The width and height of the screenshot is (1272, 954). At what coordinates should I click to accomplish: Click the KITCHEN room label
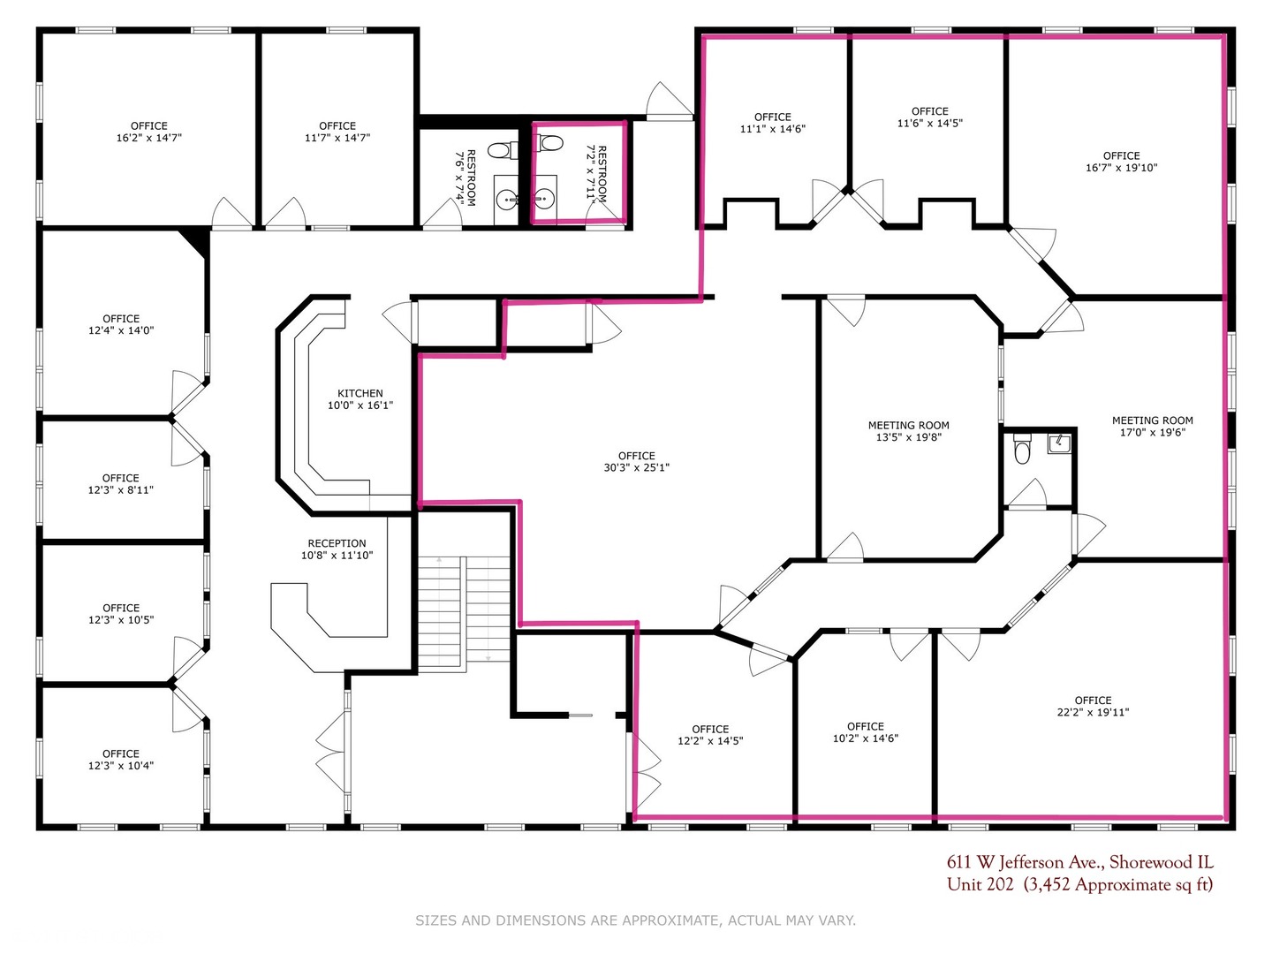[x=360, y=393]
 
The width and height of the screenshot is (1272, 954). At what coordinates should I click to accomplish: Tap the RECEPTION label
[x=337, y=543]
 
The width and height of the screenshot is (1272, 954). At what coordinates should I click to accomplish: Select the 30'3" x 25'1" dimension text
[x=636, y=467]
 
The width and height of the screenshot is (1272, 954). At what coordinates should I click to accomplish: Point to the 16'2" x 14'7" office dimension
[x=149, y=138]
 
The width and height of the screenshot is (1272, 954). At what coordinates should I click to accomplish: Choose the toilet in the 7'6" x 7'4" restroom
[x=499, y=150]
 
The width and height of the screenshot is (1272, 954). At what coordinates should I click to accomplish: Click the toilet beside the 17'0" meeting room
[x=1022, y=452]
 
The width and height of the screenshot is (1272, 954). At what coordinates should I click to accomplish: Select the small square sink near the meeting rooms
[x=1059, y=443]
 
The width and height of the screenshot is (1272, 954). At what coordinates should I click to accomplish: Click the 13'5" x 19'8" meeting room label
[x=909, y=431]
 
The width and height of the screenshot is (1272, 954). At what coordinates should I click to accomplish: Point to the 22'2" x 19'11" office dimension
[x=1093, y=713]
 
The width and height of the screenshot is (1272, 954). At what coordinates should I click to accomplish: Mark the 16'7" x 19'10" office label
[x=1121, y=162]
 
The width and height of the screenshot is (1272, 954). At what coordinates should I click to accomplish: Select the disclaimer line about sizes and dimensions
[x=635, y=920]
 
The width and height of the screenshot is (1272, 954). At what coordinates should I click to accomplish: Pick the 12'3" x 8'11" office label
[x=120, y=484]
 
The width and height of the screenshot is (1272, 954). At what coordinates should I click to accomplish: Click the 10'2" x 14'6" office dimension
[x=865, y=738]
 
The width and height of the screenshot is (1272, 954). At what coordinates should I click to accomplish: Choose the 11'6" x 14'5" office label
[x=929, y=117]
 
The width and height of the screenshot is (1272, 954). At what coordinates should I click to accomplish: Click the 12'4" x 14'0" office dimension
[x=120, y=330]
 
